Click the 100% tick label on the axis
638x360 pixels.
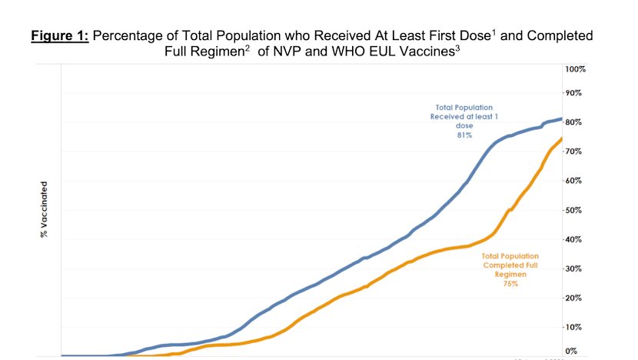576,69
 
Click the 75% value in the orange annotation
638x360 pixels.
510,284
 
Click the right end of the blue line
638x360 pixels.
562,118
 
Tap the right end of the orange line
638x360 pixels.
562,138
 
